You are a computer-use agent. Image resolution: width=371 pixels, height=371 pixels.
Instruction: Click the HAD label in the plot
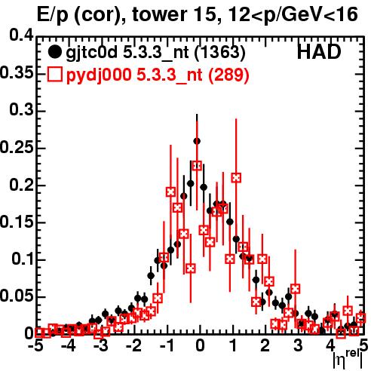click(319, 52)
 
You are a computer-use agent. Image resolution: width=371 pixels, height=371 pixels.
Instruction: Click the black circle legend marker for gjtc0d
click(54, 52)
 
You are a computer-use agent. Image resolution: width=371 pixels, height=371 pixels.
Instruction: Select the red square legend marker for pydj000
click(54, 75)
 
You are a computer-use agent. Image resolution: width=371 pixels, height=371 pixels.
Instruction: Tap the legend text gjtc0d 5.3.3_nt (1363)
click(155, 53)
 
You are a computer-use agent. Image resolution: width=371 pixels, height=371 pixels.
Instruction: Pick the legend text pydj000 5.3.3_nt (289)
click(158, 75)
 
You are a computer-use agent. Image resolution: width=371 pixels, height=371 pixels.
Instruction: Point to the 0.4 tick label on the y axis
click(22, 35)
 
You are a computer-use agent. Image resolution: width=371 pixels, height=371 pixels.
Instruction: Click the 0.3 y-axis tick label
click(22, 110)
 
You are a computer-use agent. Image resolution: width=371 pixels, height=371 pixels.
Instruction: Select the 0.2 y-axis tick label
click(22, 185)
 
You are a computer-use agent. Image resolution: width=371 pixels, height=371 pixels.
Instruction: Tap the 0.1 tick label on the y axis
click(23, 259)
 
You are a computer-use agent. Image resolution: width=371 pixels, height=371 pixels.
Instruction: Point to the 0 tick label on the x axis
click(200, 346)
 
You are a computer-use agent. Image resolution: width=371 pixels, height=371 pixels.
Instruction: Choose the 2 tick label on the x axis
click(265, 346)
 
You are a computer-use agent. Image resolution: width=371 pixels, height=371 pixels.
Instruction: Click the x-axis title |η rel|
click(348, 360)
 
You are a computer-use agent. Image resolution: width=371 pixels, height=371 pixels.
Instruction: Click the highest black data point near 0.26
click(197, 141)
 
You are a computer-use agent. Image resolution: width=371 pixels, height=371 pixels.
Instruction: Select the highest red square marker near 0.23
click(197, 166)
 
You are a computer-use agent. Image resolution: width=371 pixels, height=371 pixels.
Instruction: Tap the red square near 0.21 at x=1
click(236, 178)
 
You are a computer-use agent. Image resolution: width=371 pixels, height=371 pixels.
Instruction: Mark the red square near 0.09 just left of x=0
click(191, 268)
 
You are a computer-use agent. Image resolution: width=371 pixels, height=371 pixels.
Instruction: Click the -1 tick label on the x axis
click(167, 346)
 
